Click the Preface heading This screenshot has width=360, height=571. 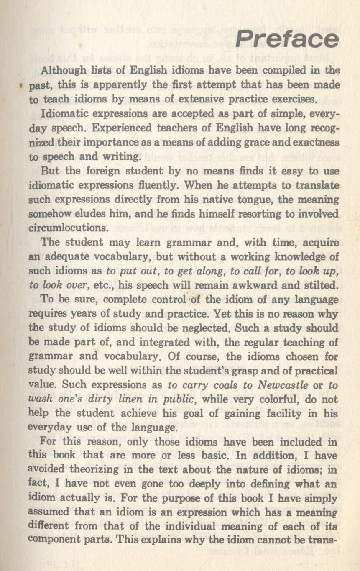tap(287, 39)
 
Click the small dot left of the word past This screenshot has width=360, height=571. tap(20, 87)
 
